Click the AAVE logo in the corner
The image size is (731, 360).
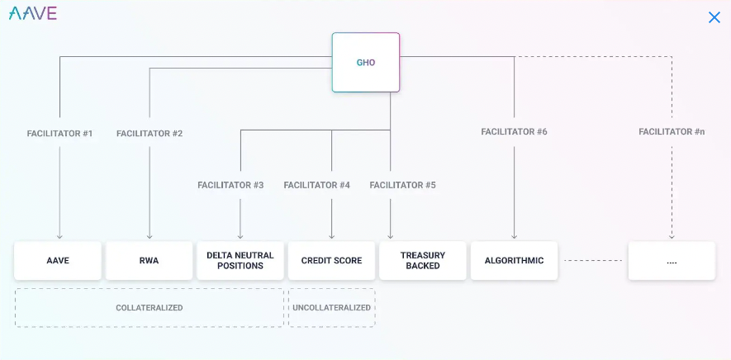pyautogui.click(x=33, y=13)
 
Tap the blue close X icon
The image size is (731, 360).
pyautogui.click(x=714, y=17)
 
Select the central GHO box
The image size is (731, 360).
pyautogui.click(x=365, y=62)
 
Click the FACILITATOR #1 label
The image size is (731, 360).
pyautogui.click(x=59, y=134)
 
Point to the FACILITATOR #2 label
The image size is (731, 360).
pyautogui.click(x=150, y=134)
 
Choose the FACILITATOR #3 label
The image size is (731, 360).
pyautogui.click(x=230, y=185)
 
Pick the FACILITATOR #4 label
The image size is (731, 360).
pyautogui.click(x=317, y=185)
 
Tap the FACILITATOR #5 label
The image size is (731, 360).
pyautogui.click(x=403, y=185)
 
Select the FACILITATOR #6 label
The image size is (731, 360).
pyautogui.click(x=515, y=132)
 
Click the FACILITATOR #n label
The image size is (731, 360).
pyautogui.click(x=672, y=132)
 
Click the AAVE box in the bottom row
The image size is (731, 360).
pyautogui.click(x=58, y=261)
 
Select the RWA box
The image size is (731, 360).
pyautogui.click(x=150, y=261)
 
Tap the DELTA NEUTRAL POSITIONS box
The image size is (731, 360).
pyautogui.click(x=240, y=261)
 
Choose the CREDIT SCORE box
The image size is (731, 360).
pyautogui.click(x=331, y=261)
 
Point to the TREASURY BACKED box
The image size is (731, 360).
pyautogui.click(x=423, y=261)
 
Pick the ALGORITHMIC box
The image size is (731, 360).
pyautogui.click(x=515, y=261)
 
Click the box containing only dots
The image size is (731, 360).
pyautogui.click(x=672, y=261)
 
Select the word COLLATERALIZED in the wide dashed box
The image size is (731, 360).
pyautogui.click(x=150, y=308)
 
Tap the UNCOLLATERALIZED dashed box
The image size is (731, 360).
pyautogui.click(x=332, y=308)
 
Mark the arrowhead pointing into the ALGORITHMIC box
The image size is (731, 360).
pyautogui.click(x=515, y=236)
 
